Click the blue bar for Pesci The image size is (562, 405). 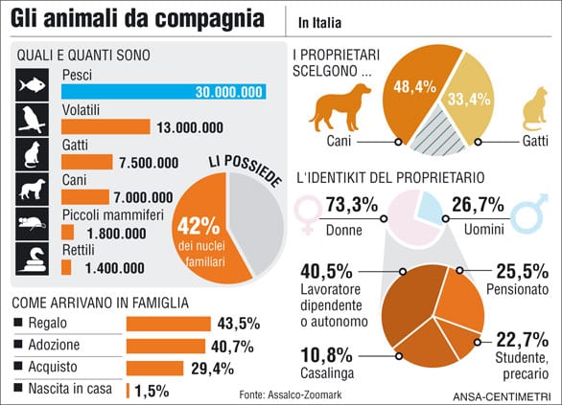(163, 93)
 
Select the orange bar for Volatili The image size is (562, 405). (105, 126)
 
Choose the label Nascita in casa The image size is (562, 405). (71, 389)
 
